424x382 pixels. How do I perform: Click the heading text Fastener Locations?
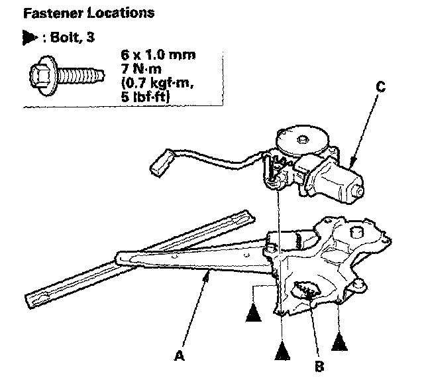(x=89, y=13)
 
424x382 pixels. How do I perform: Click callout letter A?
(x=178, y=356)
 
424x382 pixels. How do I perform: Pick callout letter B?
(x=319, y=365)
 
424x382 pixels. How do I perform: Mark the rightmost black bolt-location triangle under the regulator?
(x=339, y=343)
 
